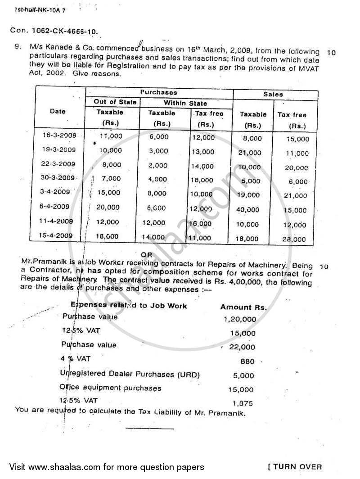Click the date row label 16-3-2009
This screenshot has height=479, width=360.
click(x=57, y=135)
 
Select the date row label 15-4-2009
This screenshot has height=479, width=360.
click(x=58, y=235)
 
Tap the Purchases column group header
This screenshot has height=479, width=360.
click(x=158, y=92)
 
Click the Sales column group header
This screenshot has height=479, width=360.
click(x=273, y=94)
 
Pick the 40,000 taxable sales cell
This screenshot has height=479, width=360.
click(x=249, y=209)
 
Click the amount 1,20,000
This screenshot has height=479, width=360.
click(x=239, y=319)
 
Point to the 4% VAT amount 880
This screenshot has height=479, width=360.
click(x=247, y=361)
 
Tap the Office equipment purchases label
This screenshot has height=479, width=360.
click(x=110, y=388)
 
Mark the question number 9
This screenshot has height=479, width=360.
click(x=17, y=51)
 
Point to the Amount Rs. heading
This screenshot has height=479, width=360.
click(x=243, y=307)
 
